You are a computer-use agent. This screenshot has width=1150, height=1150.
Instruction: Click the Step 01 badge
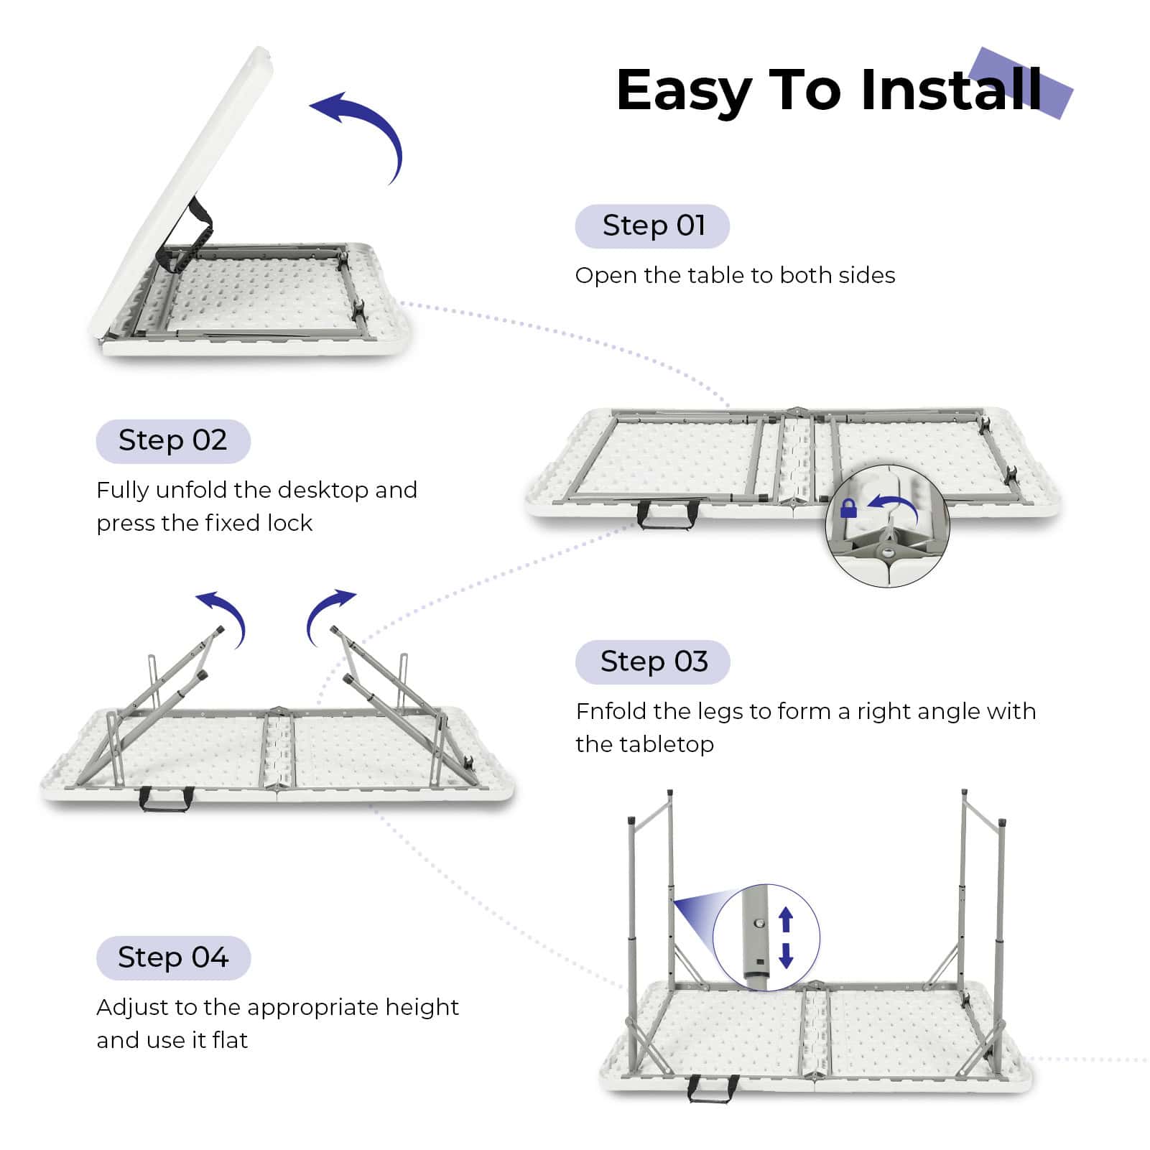tap(652, 226)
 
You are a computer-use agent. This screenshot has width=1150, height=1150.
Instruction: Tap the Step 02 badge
tap(173, 441)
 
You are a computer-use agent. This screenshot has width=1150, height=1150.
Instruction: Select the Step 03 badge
tap(652, 662)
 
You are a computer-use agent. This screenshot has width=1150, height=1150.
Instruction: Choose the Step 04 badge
tap(173, 957)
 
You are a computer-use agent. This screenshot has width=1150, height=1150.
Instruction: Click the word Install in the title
tap(950, 90)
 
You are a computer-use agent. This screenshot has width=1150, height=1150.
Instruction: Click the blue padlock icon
tap(848, 509)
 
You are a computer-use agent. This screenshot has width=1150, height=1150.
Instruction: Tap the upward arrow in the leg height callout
tap(786, 919)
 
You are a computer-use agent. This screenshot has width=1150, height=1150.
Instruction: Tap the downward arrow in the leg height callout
tap(786, 955)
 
